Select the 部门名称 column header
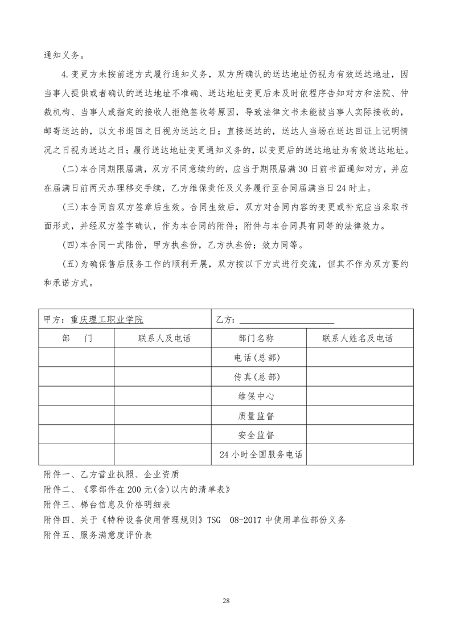[x=258, y=338]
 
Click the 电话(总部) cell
[x=258, y=358]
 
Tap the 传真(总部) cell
[x=258, y=377]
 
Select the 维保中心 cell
[x=258, y=396]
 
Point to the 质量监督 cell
[x=258, y=416]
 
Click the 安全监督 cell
[x=258, y=435]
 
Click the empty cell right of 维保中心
[x=359, y=396]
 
